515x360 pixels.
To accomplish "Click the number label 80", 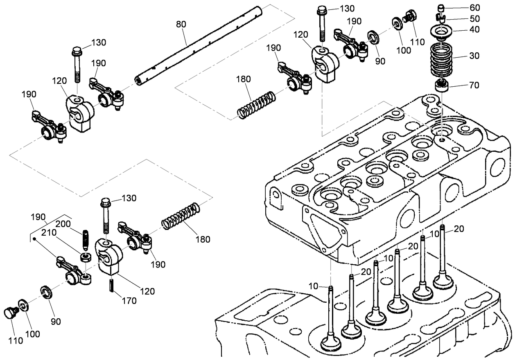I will click(x=181, y=24).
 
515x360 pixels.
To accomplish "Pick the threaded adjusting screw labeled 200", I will click(x=86, y=241).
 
